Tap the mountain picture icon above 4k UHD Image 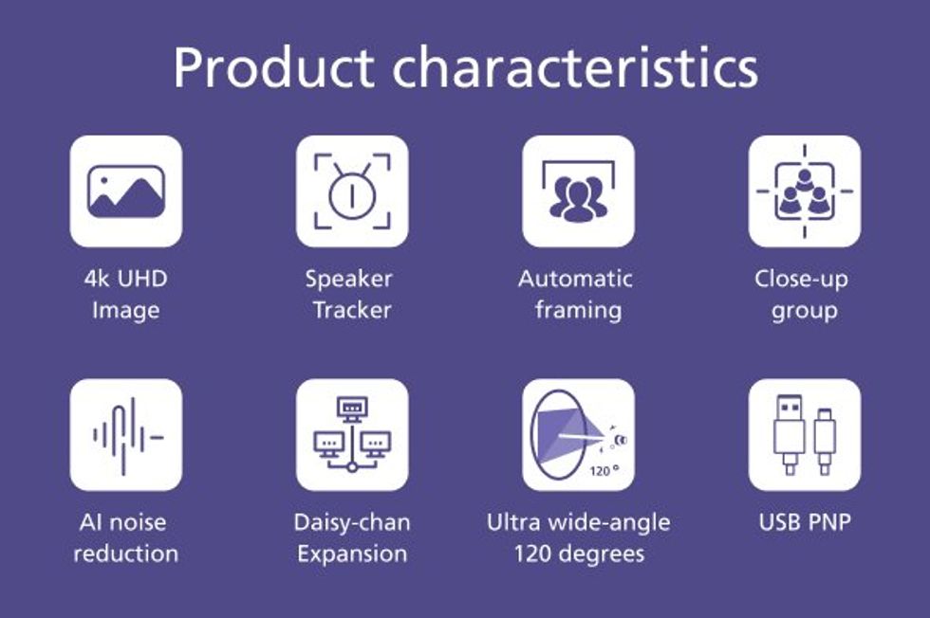click(x=125, y=191)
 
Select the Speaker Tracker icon click(x=352, y=191)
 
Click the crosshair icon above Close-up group click(x=805, y=191)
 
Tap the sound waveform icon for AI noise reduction click(x=127, y=436)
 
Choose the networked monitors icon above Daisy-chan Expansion click(x=352, y=435)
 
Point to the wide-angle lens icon click(x=578, y=435)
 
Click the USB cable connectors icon click(x=805, y=435)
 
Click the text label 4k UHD click(x=125, y=279)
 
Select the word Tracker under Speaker click(x=352, y=310)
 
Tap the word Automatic click(x=575, y=279)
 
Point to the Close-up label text click(x=801, y=280)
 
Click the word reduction click(x=125, y=554)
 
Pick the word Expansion click(x=352, y=554)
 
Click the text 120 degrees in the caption click(x=580, y=554)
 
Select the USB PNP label click(x=805, y=522)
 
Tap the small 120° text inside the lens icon click(x=604, y=470)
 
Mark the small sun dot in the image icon click(x=104, y=180)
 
